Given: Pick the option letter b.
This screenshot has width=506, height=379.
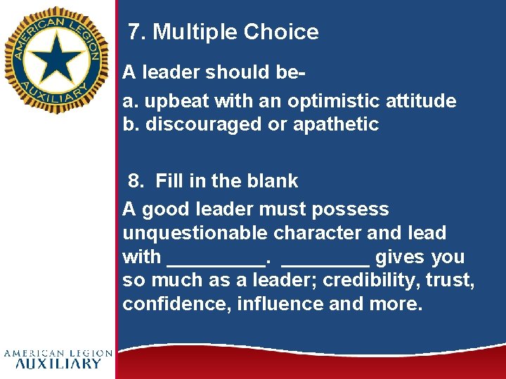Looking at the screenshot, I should (129, 124).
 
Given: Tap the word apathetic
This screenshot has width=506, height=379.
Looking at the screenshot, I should (336, 124).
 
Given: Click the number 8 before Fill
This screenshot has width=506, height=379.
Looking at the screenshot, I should (136, 181).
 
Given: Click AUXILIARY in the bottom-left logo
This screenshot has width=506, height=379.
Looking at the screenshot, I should (58, 364).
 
